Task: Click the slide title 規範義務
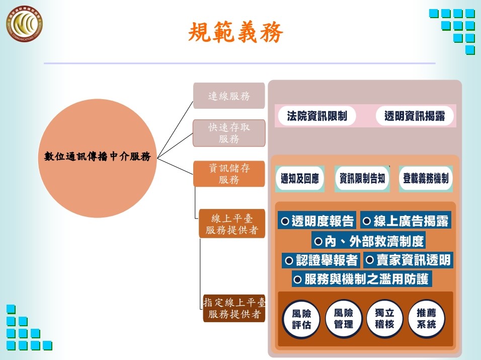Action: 235,33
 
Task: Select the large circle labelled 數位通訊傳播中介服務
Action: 97,157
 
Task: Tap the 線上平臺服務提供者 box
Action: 231,224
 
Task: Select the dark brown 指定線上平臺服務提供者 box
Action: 234,308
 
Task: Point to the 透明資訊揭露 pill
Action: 415,116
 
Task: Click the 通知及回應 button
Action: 300,179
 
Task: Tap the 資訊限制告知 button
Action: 362,179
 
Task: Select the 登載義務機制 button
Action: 426,179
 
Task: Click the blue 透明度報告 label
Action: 317,221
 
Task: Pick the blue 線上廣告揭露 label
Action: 406,221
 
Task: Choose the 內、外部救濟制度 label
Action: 369,241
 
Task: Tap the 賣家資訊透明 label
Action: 408,260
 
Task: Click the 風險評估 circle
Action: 302,319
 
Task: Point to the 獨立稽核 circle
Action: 385,319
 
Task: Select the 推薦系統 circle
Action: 426,319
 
